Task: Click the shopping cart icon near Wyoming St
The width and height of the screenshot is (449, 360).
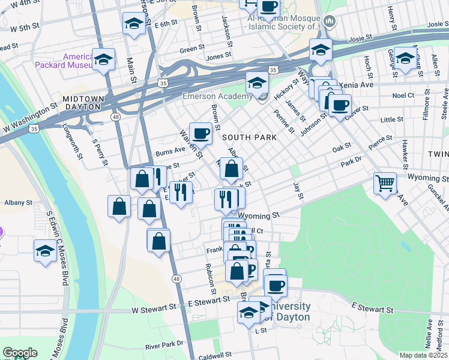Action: [x=385, y=182]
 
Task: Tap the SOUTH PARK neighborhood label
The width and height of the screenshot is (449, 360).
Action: [x=249, y=137]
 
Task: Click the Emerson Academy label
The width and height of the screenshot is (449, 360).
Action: [x=217, y=97]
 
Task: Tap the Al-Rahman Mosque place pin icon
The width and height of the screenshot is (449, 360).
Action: [x=329, y=22]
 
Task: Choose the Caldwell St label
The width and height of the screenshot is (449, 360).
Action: [x=215, y=356]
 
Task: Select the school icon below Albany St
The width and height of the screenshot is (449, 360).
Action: [x=45, y=250]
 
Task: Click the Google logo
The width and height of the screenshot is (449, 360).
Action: [x=20, y=353]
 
